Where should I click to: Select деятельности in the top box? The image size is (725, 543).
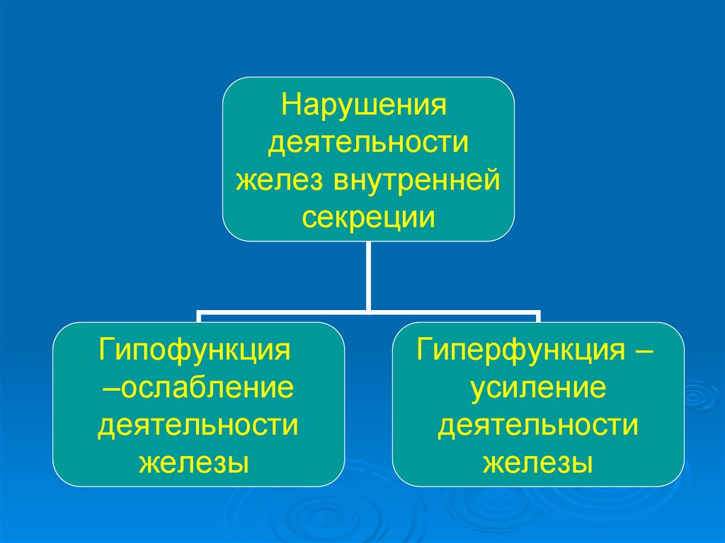point(368,144)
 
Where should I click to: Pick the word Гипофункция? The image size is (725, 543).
point(196,350)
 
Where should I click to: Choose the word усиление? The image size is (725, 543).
point(537,388)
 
